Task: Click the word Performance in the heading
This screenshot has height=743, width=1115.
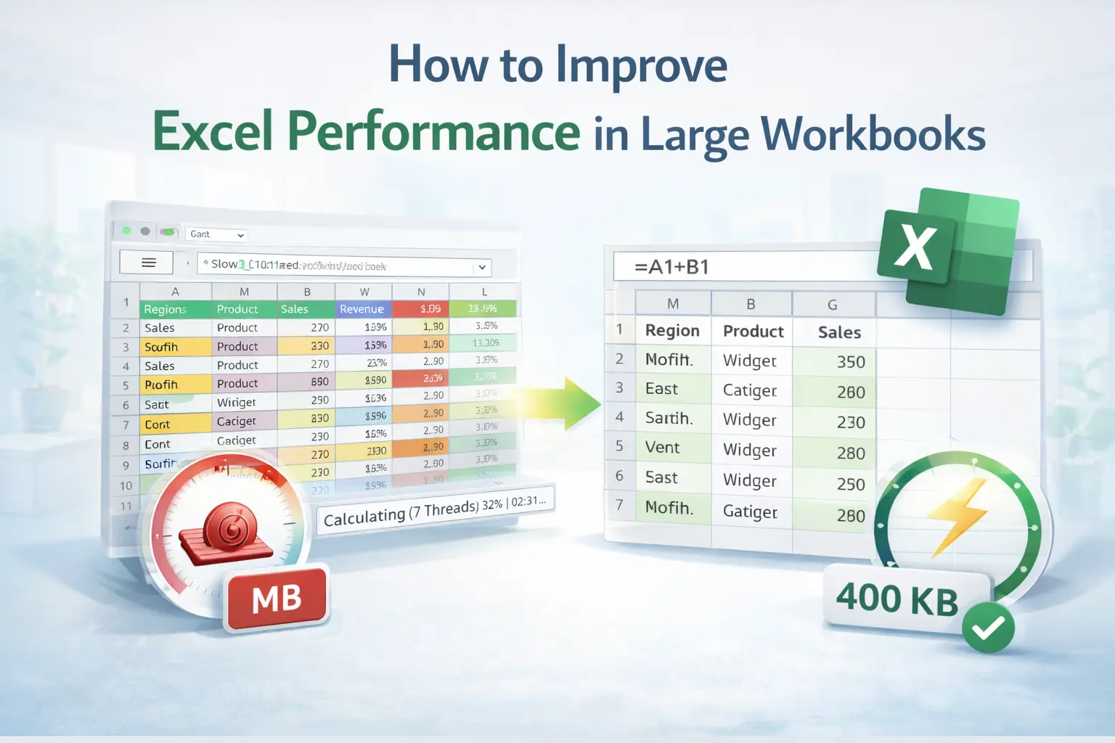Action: coord(433,133)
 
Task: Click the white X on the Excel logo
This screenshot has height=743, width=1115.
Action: coord(915,247)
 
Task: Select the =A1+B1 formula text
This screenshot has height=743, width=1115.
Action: coord(671,267)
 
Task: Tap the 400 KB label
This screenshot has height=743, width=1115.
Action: coord(897,599)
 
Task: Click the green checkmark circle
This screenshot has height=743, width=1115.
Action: coord(988,627)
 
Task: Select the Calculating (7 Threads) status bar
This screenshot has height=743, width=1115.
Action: coord(435,510)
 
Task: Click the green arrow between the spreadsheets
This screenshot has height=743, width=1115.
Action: coord(573,403)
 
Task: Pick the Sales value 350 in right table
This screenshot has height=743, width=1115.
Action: coord(850,362)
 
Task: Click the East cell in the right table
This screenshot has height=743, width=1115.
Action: coord(661,389)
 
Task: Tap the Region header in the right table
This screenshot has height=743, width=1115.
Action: coord(672,331)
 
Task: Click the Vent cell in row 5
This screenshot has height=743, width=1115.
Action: coord(662,448)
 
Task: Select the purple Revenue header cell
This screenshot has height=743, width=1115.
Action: coord(362,309)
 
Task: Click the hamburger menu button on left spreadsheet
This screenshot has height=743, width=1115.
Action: coord(148,263)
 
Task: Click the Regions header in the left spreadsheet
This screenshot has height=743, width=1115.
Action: coord(165,309)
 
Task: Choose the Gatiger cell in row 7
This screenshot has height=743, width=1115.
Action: coord(750,512)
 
